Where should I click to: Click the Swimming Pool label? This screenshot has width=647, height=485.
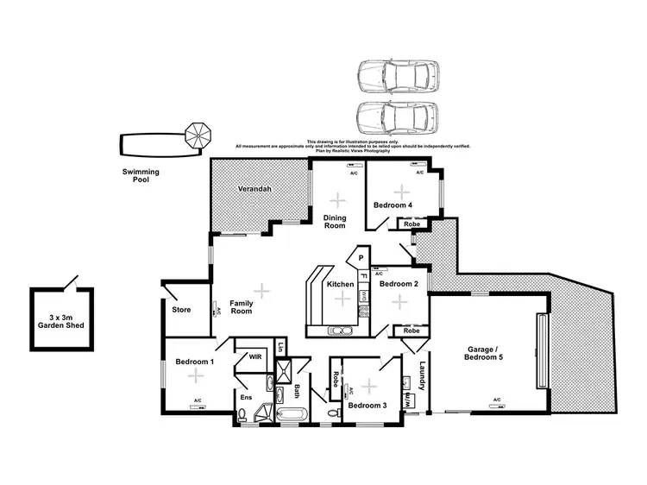(x=140, y=176)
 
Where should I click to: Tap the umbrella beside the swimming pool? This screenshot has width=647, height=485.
(x=198, y=135)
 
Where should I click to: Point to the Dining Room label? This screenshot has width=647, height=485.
(x=335, y=221)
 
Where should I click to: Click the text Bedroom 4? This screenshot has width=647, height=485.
(x=393, y=205)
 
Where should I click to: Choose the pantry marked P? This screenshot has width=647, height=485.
(x=361, y=257)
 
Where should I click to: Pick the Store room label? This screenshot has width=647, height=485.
(x=181, y=310)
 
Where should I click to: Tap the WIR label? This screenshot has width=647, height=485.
(x=254, y=356)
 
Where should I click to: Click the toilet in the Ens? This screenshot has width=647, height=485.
(x=243, y=416)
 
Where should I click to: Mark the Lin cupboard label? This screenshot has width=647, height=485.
(x=281, y=348)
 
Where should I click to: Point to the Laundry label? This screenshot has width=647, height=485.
(x=422, y=375)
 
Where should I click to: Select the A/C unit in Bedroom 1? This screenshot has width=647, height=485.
(x=198, y=401)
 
